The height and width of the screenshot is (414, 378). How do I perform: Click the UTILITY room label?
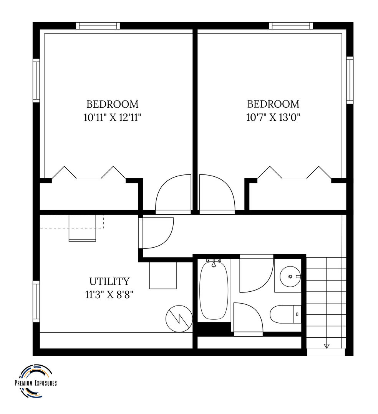click(109, 281)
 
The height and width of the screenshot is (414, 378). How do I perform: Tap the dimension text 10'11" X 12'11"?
click(112, 117)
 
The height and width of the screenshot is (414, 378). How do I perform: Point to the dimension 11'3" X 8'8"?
click(109, 294)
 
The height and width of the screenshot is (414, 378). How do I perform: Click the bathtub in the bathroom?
click(214, 291)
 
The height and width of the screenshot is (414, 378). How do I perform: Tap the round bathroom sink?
click(290, 276)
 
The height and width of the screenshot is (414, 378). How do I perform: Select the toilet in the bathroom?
click(285, 314)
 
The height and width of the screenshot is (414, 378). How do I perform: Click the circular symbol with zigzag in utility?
click(179, 319)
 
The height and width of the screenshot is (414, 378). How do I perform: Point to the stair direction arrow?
click(327, 346)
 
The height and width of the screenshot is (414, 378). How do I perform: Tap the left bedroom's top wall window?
click(98, 26)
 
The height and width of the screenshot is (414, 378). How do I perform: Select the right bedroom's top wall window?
click(291, 26)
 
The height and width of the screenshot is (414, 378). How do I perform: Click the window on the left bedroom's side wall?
click(36, 80)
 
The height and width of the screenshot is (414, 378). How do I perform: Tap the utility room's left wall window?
click(36, 301)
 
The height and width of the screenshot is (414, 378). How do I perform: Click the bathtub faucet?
click(214, 263)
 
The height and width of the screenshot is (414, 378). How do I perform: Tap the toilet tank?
click(297, 314)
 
